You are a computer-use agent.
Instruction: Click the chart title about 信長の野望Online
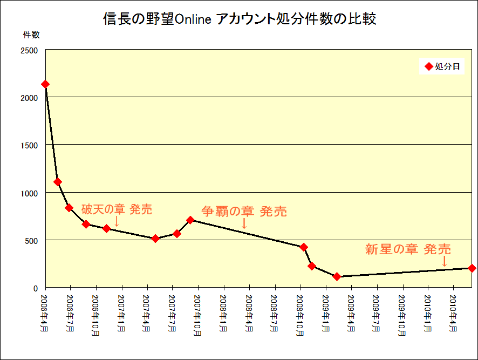pos(239,19)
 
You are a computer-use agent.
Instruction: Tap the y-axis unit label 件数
pos(31,35)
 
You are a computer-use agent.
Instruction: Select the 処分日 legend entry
pos(442,67)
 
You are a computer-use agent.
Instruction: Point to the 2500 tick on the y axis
pos(29,50)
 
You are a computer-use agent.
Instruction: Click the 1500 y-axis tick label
pos(29,145)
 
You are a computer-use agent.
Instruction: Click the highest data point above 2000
pos(45,84)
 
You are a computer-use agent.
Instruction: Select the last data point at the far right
pos(472,268)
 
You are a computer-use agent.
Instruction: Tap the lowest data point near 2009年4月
pos(337,276)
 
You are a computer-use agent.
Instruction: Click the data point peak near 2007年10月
pos(190,220)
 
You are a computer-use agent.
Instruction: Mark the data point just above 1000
pos(58,182)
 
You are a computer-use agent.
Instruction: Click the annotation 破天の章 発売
pos(117,209)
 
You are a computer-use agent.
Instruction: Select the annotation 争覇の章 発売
pos(244,211)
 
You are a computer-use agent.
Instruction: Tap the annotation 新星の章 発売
pos(408,249)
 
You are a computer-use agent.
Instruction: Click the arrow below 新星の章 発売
pos(445,261)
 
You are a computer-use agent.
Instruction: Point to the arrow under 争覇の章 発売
pos(244,223)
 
